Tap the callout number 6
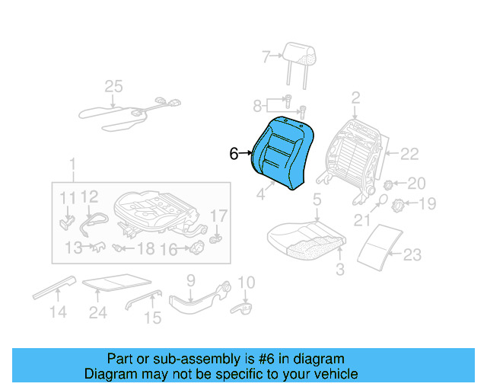[234, 154]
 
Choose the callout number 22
[409, 155]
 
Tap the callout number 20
[417, 184]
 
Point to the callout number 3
[340, 268]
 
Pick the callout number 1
[72, 165]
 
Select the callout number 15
[153, 318]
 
